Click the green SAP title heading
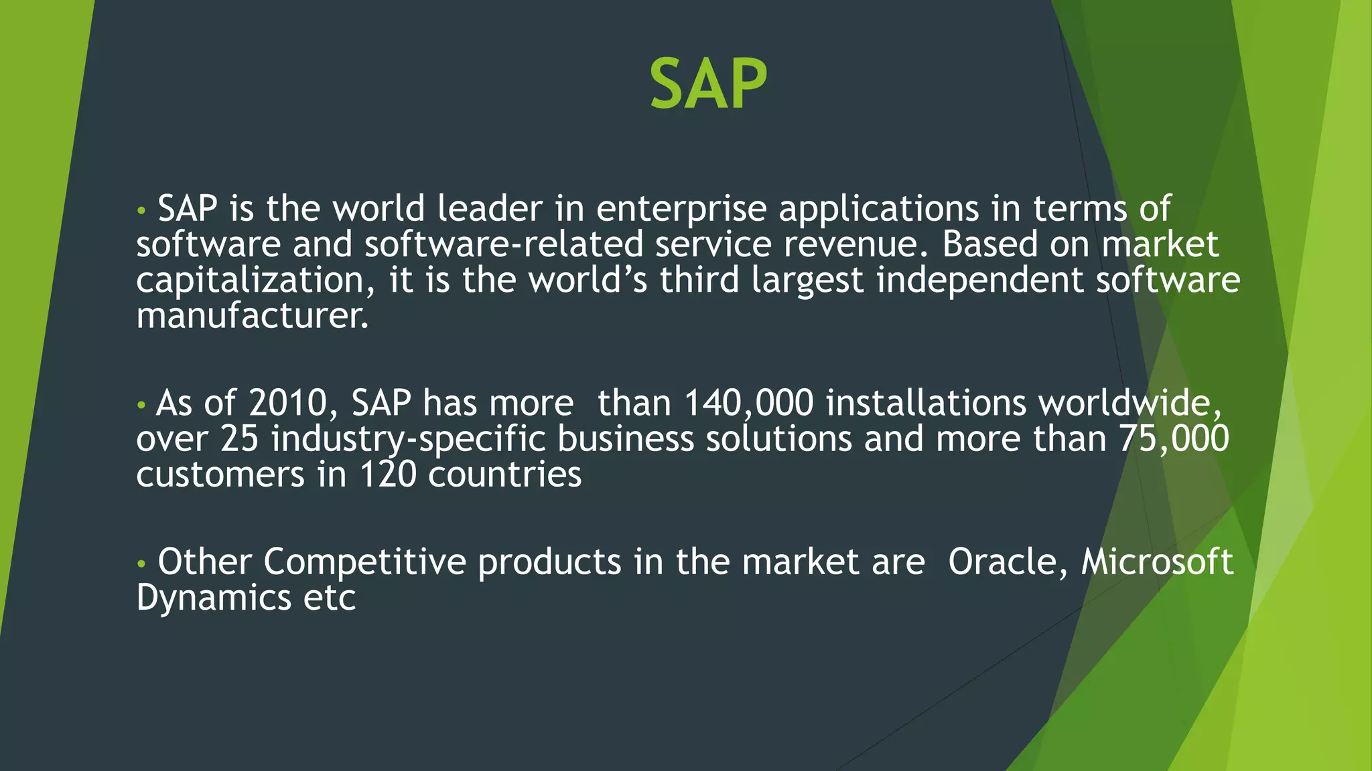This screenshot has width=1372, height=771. point(708,85)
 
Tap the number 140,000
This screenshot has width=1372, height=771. point(748,404)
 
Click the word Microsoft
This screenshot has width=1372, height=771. point(1157,562)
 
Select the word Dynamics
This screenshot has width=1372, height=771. point(214,598)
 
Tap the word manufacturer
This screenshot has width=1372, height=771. point(252,316)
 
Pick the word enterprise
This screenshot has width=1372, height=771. point(681,209)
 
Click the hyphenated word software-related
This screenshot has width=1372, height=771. point(504,244)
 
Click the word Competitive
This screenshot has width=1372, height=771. point(364,562)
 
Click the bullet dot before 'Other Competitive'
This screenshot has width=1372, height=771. point(141,564)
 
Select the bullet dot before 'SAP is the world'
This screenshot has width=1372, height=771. point(141,211)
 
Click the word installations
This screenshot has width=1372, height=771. point(926,404)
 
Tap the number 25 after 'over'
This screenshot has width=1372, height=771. point(239,440)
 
